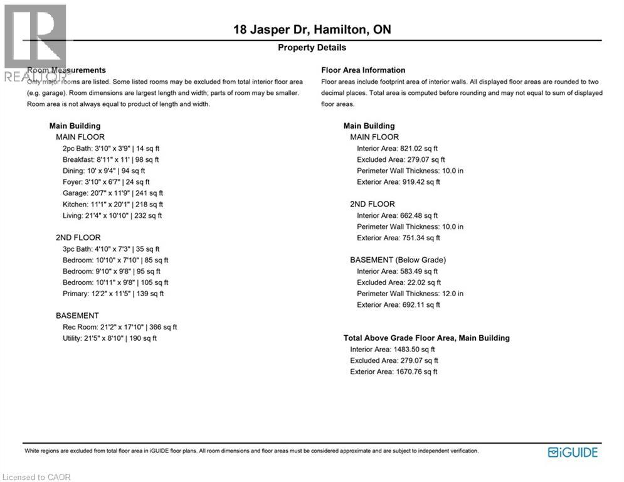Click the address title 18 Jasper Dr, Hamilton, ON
312,29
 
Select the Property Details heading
312,48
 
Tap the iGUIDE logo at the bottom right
573,453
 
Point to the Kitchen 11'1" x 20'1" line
113,205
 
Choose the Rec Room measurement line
120,327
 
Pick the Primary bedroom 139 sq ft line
113,294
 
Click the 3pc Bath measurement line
111,249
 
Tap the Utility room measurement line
110,338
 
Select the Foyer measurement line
106,182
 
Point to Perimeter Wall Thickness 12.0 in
410,294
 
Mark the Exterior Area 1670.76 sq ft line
393,372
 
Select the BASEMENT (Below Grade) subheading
398,260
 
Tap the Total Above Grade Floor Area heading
426,338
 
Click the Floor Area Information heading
363,70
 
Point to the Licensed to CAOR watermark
37,477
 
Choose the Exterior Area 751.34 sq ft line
398,238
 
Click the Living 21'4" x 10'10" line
112,216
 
